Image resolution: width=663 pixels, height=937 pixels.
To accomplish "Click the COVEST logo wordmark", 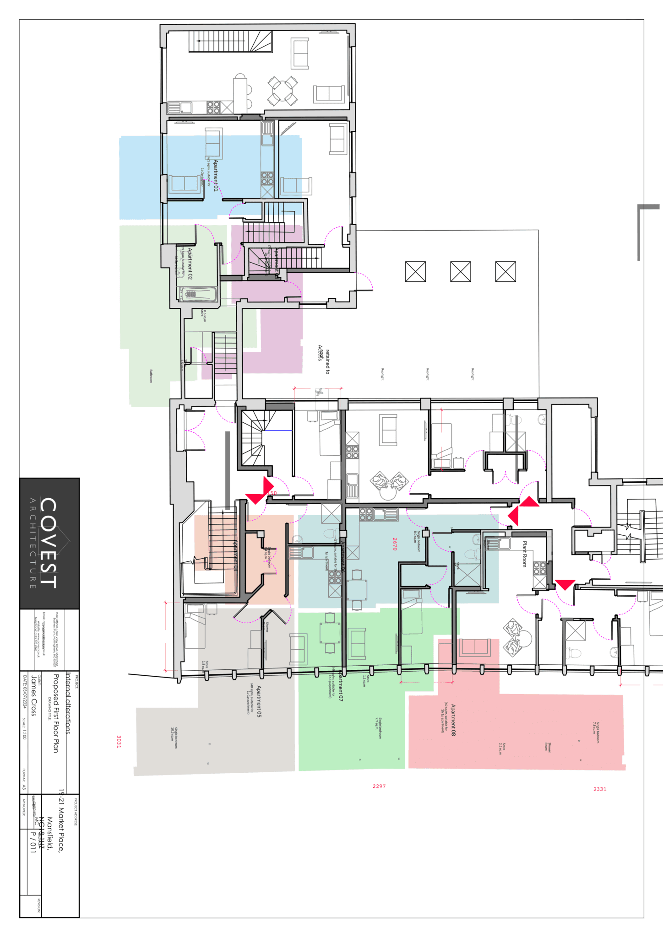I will pyautogui.click(x=49, y=543).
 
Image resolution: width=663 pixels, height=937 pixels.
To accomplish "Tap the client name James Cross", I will pyautogui.click(x=33, y=695).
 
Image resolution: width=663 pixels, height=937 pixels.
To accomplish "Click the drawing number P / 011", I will pyautogui.click(x=33, y=842).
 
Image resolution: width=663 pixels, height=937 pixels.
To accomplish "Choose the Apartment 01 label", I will pyautogui.click(x=216, y=175).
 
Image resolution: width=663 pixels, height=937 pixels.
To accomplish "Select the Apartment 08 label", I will pyautogui.click(x=453, y=720).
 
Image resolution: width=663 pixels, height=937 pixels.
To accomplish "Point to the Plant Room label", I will pyautogui.click(x=525, y=554).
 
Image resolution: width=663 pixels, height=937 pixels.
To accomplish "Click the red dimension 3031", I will pyautogui.click(x=119, y=742).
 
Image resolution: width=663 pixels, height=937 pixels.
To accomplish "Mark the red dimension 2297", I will pyautogui.click(x=379, y=786).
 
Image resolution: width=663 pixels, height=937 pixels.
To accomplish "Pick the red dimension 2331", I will pyautogui.click(x=600, y=789).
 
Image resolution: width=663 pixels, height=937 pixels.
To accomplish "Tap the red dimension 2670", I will pyautogui.click(x=395, y=544).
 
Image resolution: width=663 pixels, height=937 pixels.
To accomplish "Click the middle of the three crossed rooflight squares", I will pyautogui.click(x=460, y=272).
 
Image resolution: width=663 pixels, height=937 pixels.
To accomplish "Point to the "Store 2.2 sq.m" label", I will pyautogui.click(x=502, y=749).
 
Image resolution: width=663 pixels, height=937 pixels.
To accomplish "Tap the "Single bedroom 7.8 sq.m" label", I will pyautogui.click(x=596, y=732).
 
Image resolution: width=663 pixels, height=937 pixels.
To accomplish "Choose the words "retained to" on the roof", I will pyautogui.click(x=327, y=362).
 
